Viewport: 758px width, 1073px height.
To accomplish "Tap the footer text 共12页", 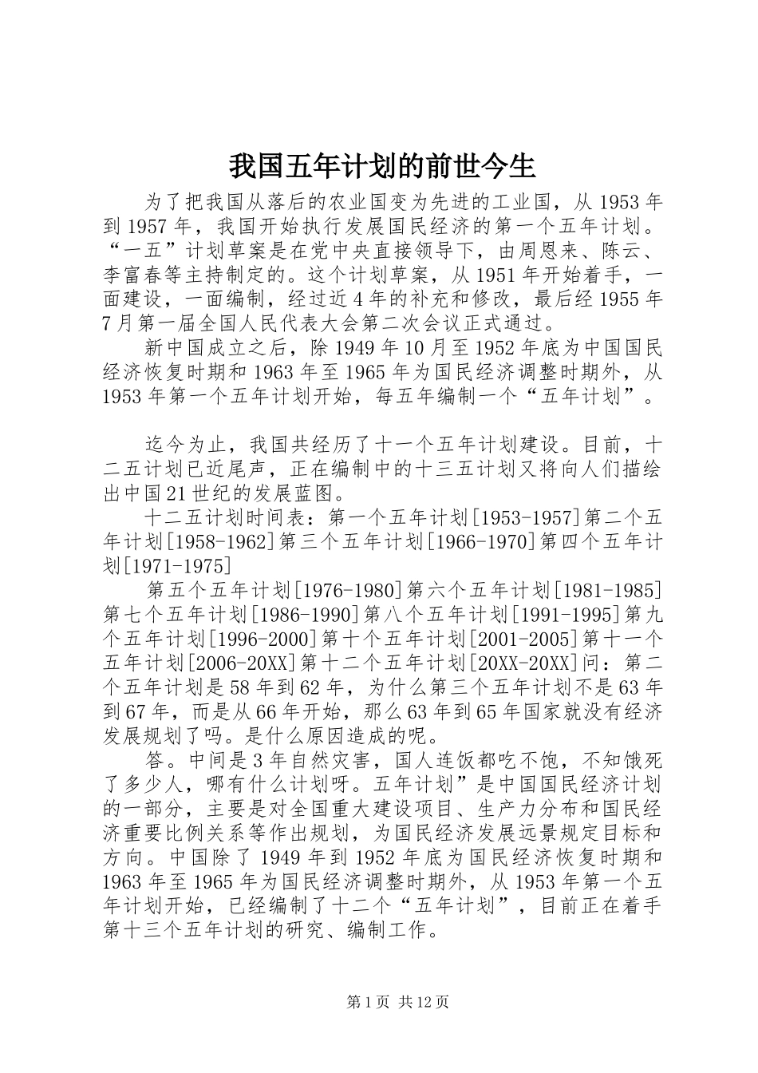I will point(422,1002).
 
